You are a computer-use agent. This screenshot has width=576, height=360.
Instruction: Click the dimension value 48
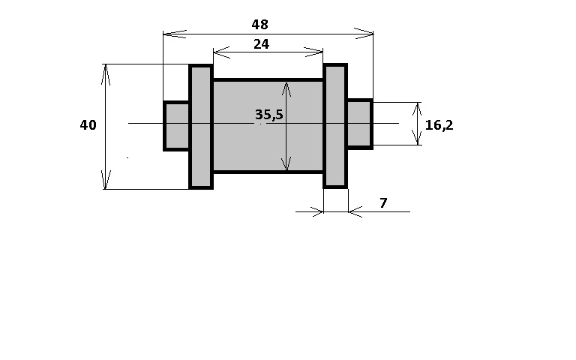point(259,25)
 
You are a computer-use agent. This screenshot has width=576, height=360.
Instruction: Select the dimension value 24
point(261,44)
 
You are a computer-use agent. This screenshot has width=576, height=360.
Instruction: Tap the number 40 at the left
point(88,125)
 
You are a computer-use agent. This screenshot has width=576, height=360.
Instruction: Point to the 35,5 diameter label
point(269,115)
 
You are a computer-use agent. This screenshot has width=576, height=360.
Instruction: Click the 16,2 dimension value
point(439,125)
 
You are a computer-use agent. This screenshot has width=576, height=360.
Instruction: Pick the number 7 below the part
point(383,202)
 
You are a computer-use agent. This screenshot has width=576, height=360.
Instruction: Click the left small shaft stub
point(176,126)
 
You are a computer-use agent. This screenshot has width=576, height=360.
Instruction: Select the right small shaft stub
point(360,124)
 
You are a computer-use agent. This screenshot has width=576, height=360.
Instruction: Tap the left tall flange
point(201,127)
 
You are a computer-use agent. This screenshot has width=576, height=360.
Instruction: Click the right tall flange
point(335,126)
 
